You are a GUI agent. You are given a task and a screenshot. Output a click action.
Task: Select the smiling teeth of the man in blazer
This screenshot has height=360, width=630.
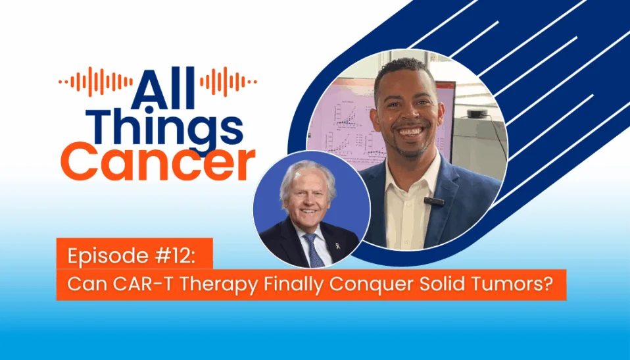[409, 132]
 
